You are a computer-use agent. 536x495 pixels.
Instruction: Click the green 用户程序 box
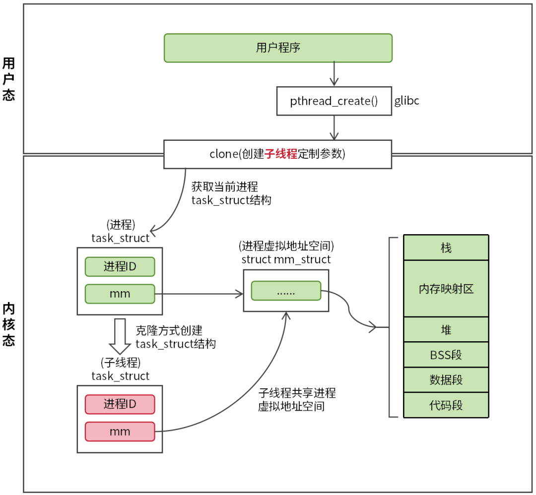point(278,48)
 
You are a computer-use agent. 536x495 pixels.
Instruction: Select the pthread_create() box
point(334,101)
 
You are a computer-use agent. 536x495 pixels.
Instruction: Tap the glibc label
point(407,101)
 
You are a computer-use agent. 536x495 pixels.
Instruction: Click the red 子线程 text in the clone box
point(281,154)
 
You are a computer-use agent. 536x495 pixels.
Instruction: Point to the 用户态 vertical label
point(8,79)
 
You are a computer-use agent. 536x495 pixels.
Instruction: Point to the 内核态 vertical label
point(8,324)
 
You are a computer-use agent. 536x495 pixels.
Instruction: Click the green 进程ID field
point(120,267)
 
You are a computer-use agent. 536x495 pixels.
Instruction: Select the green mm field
point(120,294)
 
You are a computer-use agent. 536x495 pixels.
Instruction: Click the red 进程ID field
point(120,404)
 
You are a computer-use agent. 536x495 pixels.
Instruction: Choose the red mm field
point(120,432)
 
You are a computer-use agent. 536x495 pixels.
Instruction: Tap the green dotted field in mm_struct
point(286,291)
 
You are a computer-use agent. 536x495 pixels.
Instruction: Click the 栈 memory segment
point(446,248)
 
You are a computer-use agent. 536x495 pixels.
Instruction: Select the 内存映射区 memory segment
point(446,289)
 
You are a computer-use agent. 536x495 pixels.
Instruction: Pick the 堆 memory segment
point(446,329)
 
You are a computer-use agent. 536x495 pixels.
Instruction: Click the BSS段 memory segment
point(446,355)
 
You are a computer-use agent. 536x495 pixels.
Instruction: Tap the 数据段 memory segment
point(446,380)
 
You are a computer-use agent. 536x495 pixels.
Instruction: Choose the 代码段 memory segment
point(446,405)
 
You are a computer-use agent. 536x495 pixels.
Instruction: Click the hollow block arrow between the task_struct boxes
point(120,334)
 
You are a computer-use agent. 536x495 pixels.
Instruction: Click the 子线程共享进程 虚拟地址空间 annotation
point(297,400)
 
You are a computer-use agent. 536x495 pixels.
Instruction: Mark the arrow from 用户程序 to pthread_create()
point(334,74)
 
